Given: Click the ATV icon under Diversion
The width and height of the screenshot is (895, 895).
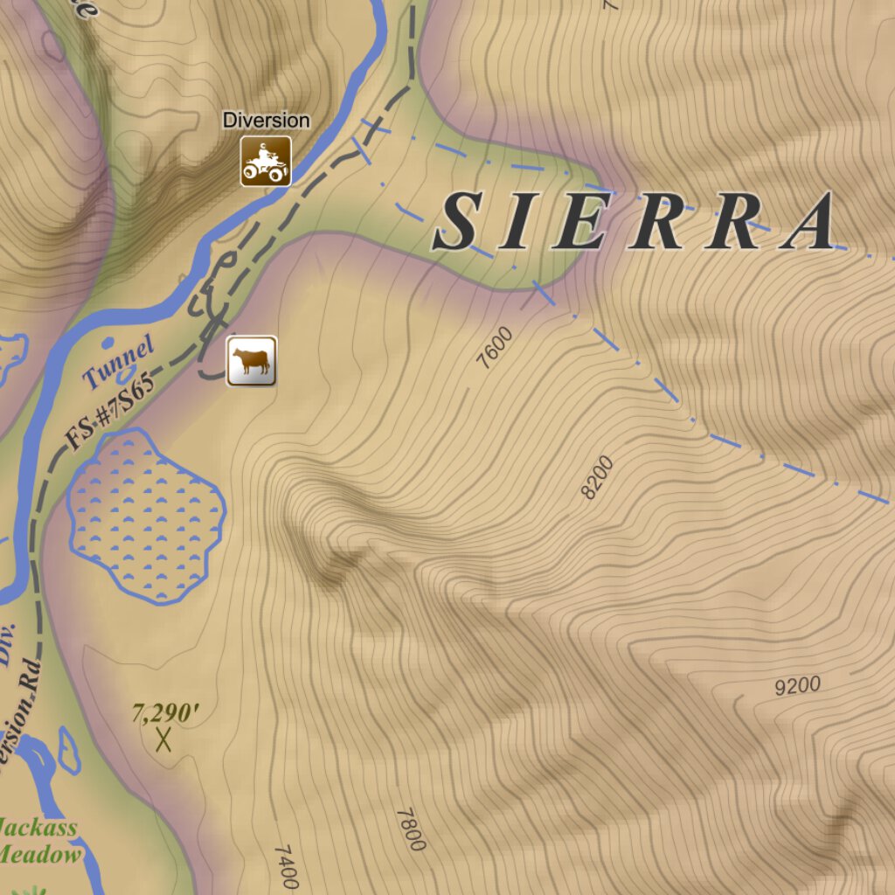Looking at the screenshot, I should click(x=266, y=161).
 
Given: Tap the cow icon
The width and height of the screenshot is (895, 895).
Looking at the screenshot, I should click(x=252, y=361).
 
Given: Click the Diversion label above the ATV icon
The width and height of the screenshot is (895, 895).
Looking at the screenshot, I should click(x=266, y=120).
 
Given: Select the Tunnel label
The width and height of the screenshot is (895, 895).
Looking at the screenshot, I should click(x=119, y=361).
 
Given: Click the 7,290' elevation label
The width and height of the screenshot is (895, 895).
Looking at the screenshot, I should click(x=165, y=713).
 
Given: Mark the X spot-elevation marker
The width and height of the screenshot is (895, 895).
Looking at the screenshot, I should click(x=163, y=740).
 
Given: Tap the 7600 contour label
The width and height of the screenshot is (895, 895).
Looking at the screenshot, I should click(x=496, y=347).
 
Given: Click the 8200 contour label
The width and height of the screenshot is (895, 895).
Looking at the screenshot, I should click(x=598, y=477).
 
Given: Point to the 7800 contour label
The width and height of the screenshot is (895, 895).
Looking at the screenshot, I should click(x=410, y=829).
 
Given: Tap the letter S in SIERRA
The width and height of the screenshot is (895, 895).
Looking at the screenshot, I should click(x=458, y=222).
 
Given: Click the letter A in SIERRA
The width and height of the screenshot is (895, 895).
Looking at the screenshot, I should click(x=810, y=222).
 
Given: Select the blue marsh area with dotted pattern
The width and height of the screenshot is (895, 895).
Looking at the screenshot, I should click(x=146, y=517).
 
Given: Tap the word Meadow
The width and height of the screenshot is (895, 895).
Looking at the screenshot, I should click(x=40, y=854).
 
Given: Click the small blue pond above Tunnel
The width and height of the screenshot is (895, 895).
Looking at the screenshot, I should click(x=108, y=342).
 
